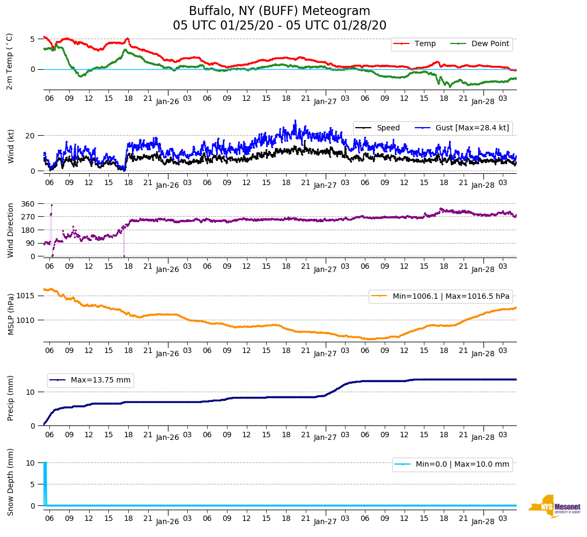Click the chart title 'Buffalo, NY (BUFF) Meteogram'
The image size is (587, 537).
(280, 11)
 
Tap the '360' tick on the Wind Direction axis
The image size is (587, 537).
(28, 204)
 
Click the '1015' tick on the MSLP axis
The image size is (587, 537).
(26, 296)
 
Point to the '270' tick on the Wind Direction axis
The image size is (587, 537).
(28, 217)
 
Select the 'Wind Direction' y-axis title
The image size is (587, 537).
(11, 230)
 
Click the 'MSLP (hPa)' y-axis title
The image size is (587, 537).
(11, 314)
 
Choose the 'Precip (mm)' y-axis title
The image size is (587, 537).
(11, 399)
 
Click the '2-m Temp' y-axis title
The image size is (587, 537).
(9, 61)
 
